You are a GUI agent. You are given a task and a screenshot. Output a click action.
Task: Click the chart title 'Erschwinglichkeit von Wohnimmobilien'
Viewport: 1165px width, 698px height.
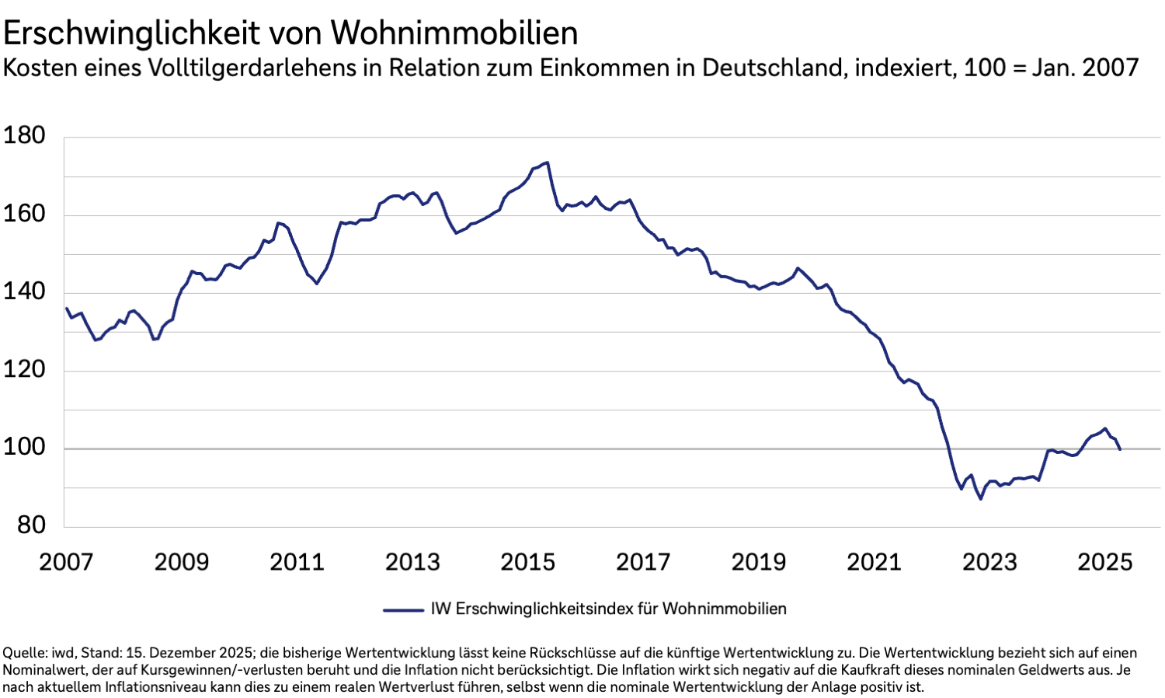[290, 33]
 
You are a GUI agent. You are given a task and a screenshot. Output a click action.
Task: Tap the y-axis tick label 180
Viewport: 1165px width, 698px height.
[24, 136]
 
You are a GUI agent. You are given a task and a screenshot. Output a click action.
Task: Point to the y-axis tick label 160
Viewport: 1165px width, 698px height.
[24, 214]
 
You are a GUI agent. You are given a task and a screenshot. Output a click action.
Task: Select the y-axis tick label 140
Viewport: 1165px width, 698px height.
[24, 291]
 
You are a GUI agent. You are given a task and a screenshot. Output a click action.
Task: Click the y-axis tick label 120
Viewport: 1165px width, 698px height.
[24, 369]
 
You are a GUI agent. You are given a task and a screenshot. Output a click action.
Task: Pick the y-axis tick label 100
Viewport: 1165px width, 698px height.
[24, 448]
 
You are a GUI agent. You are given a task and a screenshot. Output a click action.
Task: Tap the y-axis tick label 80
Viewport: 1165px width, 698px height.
[30, 525]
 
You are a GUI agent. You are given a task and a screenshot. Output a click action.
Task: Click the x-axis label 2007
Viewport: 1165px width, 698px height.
[66, 562]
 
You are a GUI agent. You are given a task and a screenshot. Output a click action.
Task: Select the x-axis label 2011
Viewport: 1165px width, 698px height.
[297, 562]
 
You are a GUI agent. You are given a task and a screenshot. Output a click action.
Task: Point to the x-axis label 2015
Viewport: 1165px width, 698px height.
[528, 562]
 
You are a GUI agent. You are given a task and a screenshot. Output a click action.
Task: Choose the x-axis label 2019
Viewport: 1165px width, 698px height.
[759, 562]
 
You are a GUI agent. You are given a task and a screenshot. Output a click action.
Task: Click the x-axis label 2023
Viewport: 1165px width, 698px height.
[989, 562]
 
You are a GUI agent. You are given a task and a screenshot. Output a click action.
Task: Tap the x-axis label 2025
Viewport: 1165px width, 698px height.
[1104, 562]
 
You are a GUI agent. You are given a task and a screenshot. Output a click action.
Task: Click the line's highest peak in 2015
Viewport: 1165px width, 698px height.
[548, 162]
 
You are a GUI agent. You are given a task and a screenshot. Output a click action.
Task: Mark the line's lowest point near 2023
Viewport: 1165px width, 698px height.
[980, 498]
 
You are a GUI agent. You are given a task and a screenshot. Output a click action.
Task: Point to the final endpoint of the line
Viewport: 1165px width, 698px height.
[1120, 449]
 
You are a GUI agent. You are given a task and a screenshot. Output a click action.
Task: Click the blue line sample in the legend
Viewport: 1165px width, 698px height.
[402, 610]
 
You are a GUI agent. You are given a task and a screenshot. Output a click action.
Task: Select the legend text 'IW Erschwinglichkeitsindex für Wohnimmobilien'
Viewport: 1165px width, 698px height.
[608, 609]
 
